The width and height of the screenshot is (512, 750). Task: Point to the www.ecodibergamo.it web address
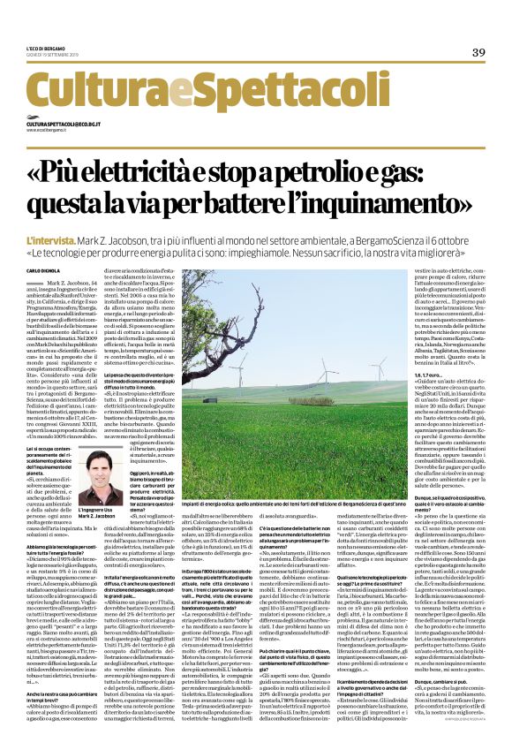[x=51, y=132]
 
